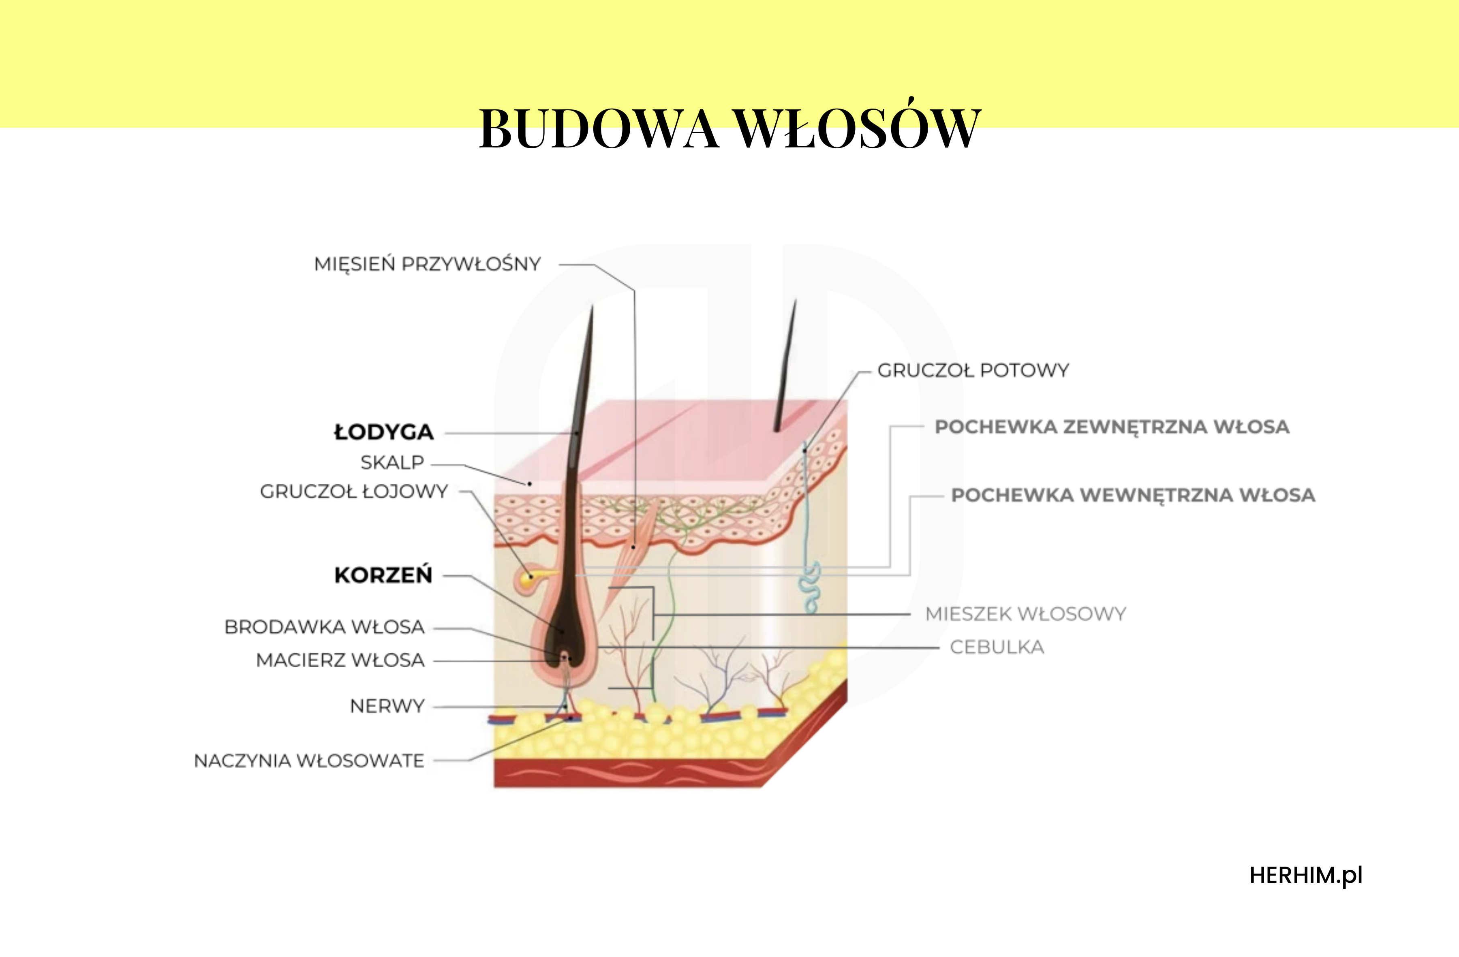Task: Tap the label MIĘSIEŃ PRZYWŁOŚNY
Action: pyautogui.click(x=427, y=265)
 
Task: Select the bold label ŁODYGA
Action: pyautogui.click(x=384, y=432)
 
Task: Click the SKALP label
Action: pyautogui.click(x=392, y=463)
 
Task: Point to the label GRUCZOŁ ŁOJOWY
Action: pyautogui.click(x=354, y=491)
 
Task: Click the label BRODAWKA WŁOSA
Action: pyautogui.click(x=324, y=627)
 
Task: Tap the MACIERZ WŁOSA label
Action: pyautogui.click(x=340, y=660)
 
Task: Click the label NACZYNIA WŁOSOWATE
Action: pyautogui.click(x=309, y=761)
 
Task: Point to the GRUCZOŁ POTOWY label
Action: pyautogui.click(x=973, y=370)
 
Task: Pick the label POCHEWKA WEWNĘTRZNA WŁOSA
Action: pyautogui.click(x=1133, y=495)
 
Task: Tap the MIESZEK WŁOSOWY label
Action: pyautogui.click(x=1026, y=614)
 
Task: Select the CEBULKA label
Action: pyautogui.click(x=997, y=647)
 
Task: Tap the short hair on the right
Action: pyautogui.click(x=786, y=366)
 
